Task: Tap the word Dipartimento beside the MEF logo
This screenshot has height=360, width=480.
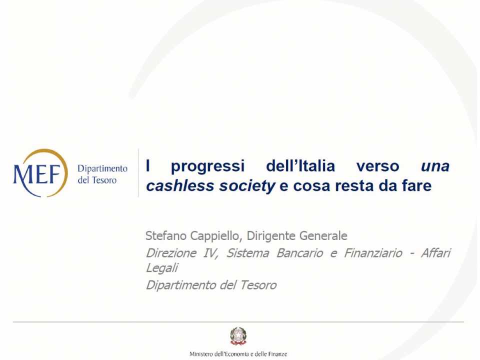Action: pos(102,169)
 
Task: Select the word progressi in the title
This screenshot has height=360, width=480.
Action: pos(208,166)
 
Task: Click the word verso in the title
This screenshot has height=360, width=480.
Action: pos(378,166)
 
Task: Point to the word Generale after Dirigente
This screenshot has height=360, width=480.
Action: pos(321,235)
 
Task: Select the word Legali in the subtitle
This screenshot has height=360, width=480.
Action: pos(161,268)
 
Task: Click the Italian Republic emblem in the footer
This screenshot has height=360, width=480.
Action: pos(238,335)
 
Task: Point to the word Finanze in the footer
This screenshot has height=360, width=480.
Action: pos(276,354)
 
